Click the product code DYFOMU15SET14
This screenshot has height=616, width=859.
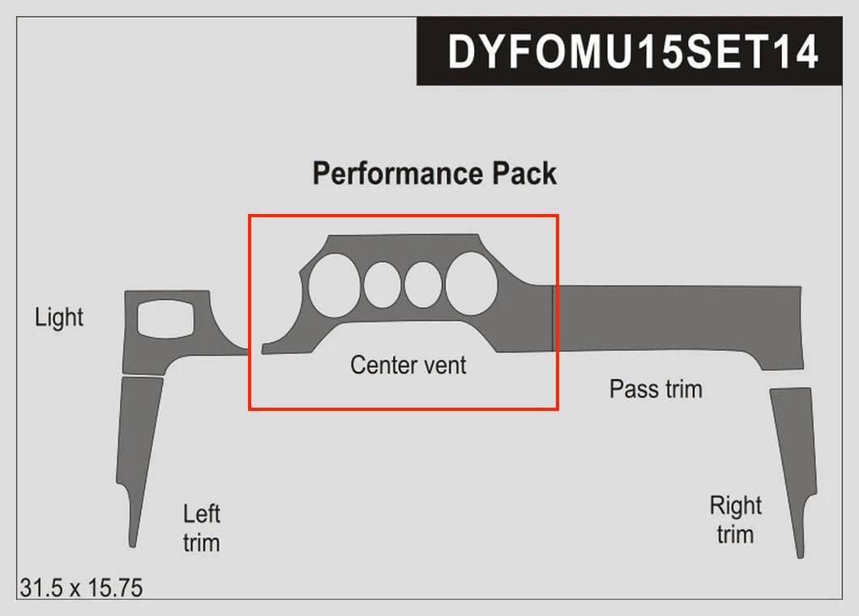point(633,51)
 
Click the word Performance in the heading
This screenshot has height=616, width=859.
point(395,173)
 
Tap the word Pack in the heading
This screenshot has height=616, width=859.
point(524,173)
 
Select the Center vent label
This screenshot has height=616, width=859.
point(408,365)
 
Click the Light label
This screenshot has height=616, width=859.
point(59,317)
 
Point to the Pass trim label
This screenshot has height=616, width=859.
point(655,389)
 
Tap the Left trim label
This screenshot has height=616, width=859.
point(201,528)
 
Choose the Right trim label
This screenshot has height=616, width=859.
point(735,520)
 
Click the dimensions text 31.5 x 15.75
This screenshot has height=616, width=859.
point(81,588)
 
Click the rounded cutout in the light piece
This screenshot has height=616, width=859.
point(167,317)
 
